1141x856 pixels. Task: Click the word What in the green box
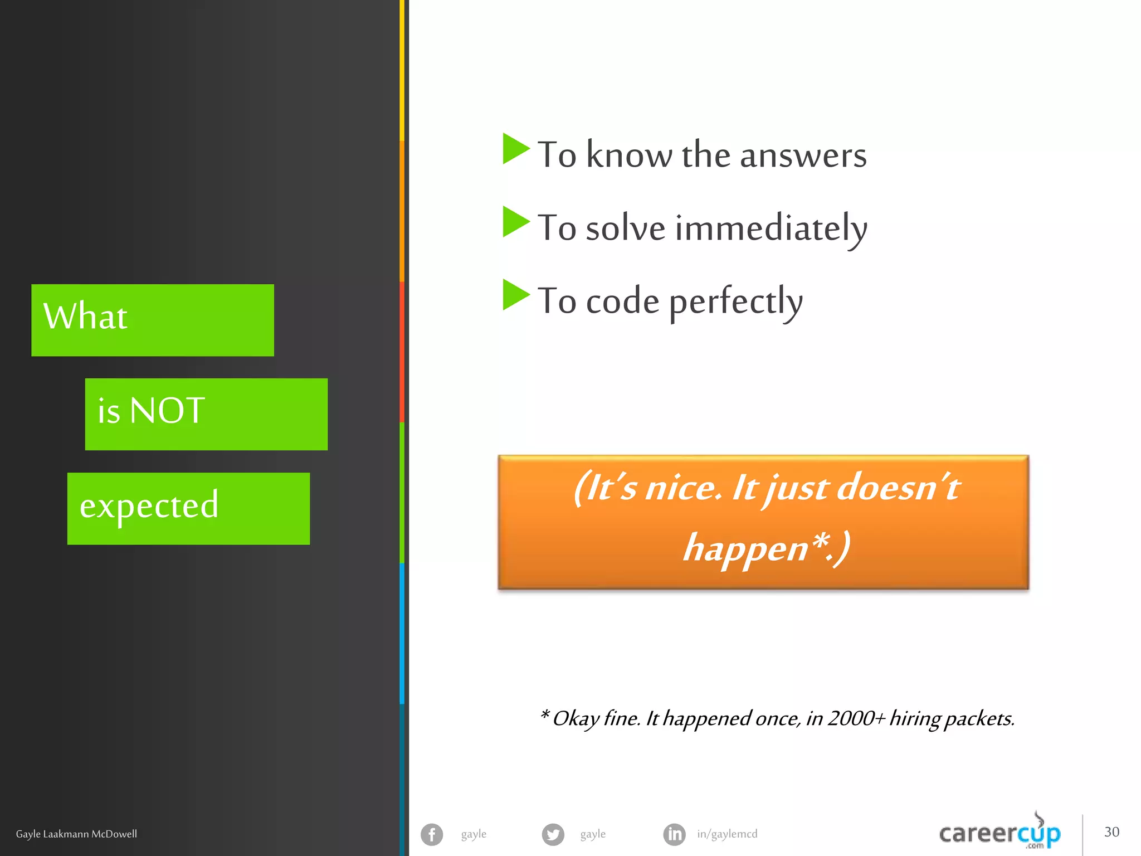(x=85, y=317)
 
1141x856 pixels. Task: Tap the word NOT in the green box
(x=167, y=411)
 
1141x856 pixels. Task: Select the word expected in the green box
(x=149, y=506)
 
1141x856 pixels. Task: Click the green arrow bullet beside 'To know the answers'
(x=515, y=149)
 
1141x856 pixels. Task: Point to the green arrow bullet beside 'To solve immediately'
(x=515, y=222)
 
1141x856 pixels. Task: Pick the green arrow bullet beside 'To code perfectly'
(x=515, y=295)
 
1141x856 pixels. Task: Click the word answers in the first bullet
(x=803, y=155)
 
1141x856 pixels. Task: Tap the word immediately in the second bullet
(x=771, y=228)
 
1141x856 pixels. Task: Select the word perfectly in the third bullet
(x=735, y=302)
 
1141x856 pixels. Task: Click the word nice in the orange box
(x=683, y=488)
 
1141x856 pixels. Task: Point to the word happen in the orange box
(x=745, y=548)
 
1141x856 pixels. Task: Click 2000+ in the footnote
(x=856, y=718)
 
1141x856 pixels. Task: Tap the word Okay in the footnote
(x=576, y=719)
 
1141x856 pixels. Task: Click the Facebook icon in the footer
(x=432, y=834)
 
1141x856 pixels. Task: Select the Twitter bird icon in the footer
(x=553, y=834)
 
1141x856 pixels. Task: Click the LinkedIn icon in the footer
(x=674, y=834)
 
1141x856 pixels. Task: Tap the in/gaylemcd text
(x=727, y=834)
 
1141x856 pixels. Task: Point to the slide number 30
(x=1111, y=832)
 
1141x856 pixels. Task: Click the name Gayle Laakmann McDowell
(x=76, y=834)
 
